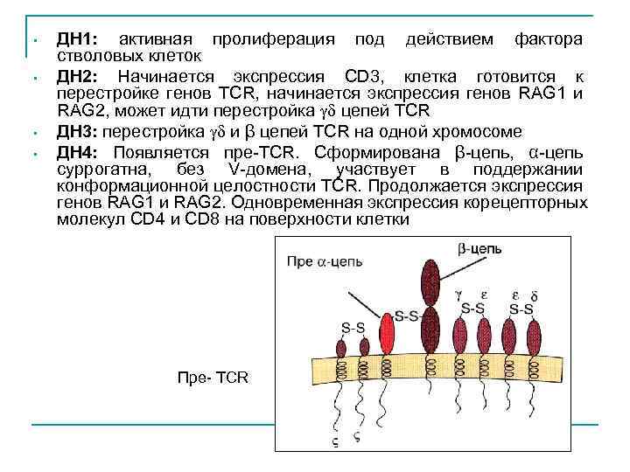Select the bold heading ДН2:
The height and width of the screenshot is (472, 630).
click(x=80, y=77)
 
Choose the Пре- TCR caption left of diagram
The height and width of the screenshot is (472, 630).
click(x=213, y=378)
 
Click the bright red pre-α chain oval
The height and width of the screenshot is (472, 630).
click(x=387, y=333)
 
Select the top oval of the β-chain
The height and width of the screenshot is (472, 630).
click(x=430, y=280)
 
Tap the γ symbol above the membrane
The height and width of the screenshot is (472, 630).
click(x=458, y=295)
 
